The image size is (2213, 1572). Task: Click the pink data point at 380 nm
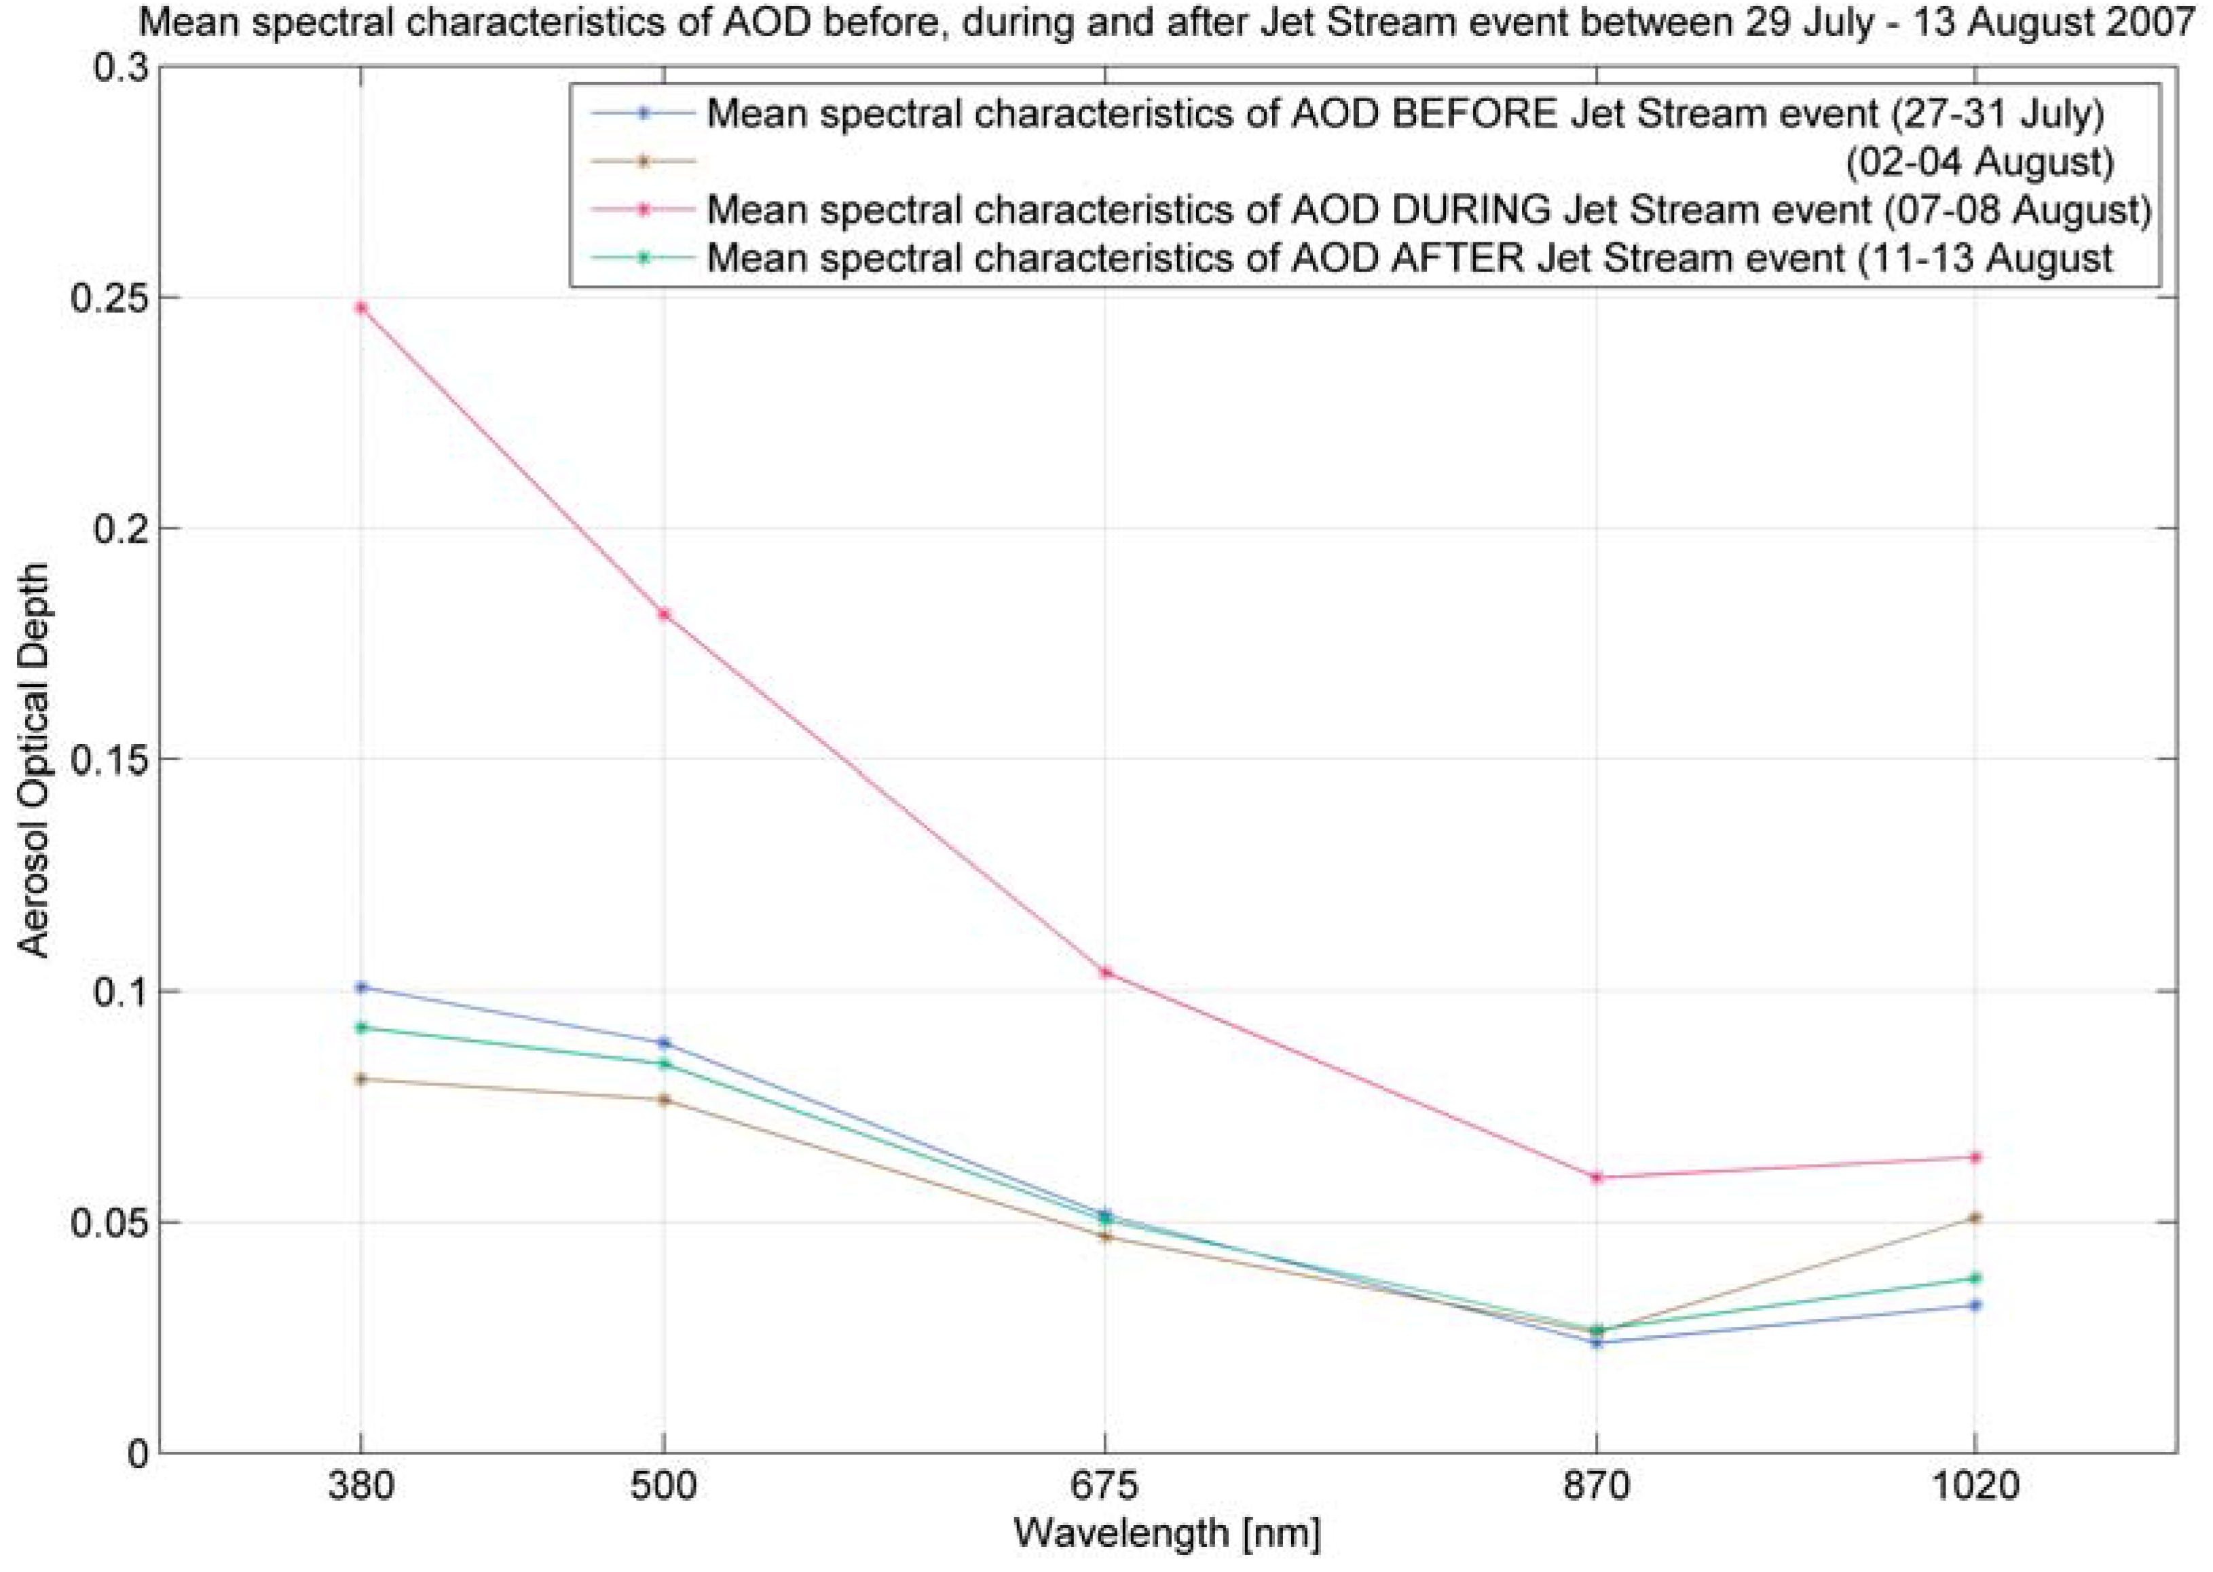click(361, 308)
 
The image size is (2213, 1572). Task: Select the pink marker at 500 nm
click(664, 614)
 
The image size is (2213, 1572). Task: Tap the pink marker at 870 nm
click(1597, 1177)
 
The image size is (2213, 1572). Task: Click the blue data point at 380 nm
click(361, 988)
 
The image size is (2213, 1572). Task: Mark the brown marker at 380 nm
click(361, 1079)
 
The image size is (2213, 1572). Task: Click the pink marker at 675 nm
click(1106, 972)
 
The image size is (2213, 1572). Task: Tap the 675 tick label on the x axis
click(1106, 1483)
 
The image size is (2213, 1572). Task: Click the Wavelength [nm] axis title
click(1166, 1533)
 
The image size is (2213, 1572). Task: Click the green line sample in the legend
click(641, 259)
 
